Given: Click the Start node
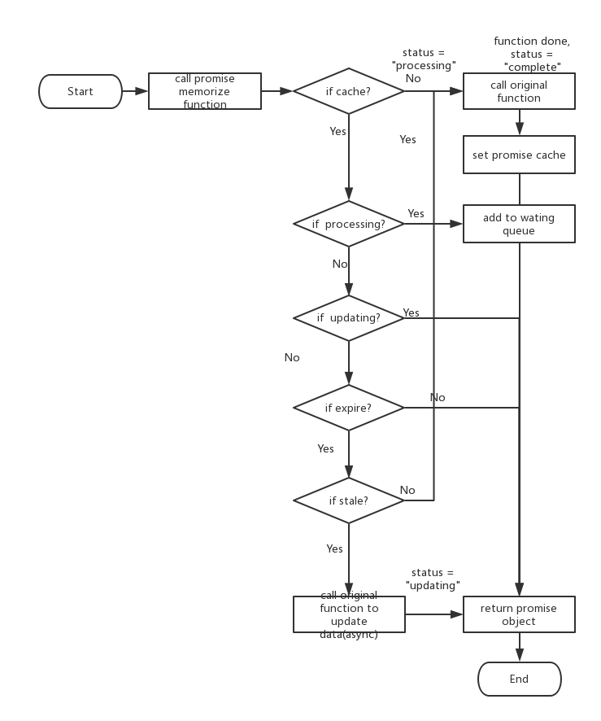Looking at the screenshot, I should point(81,91).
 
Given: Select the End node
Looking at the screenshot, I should point(519,679).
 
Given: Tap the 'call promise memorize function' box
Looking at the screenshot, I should point(205,91).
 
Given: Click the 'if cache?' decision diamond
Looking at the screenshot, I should point(348,91).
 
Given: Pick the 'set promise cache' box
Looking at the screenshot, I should point(519,155).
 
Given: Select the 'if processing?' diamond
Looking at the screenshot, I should point(348,224).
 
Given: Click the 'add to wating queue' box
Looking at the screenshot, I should point(519,224).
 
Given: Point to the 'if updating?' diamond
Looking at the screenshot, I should point(348,317).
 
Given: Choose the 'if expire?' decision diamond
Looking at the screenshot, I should point(348,408).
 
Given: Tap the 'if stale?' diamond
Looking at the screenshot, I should point(348,500).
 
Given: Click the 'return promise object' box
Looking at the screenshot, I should point(519,614).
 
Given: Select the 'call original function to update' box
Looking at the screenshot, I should point(349,614).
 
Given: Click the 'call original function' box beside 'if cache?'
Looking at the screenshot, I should point(519,91).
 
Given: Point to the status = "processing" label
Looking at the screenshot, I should point(424,59).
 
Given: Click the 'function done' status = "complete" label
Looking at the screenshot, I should point(532,54).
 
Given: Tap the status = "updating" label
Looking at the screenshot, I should point(433,579).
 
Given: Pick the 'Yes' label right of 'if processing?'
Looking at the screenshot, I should point(416,214).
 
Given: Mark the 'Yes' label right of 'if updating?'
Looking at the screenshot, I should point(411,313).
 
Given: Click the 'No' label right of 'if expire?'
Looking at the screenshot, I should point(438,397).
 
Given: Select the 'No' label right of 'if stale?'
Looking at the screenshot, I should point(407,490).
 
